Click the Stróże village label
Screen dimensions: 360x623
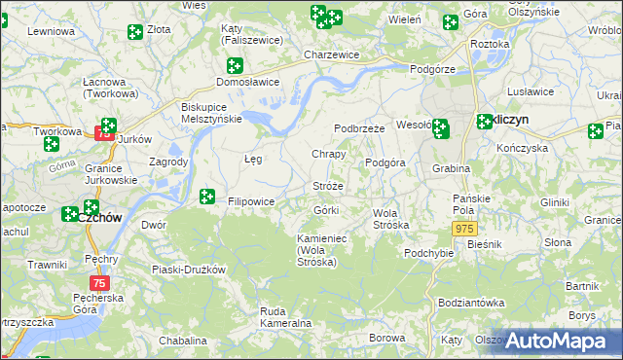coord(328,186)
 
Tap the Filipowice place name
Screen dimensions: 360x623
coord(251,201)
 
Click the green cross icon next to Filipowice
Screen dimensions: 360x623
coord(206,197)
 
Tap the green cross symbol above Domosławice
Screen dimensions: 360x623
coord(234,66)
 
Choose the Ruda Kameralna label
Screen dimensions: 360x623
coord(285,316)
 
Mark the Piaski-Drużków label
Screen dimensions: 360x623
coord(189,270)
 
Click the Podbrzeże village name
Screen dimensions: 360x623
coord(360,128)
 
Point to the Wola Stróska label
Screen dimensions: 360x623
coord(391,219)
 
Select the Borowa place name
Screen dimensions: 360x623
coord(387,338)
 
